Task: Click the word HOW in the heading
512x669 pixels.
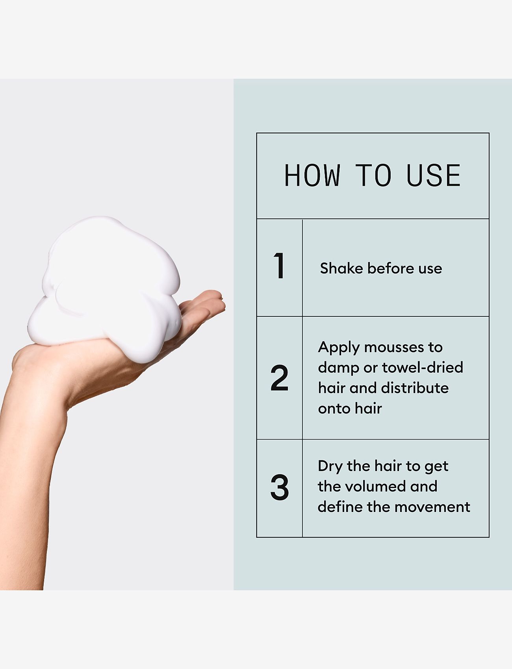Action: pos(312,176)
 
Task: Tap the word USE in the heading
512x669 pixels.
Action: pos(433,176)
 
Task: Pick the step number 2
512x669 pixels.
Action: pos(280,378)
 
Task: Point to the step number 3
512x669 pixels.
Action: pos(280,487)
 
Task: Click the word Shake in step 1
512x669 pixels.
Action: pos(341,268)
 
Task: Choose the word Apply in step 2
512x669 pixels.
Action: pos(338,348)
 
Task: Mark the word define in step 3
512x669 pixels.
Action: pos(340,507)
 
